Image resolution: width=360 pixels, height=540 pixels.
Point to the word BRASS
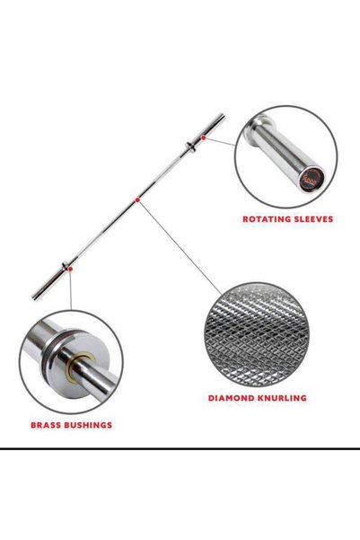pos(45,425)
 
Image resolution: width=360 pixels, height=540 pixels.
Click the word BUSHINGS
pos(87,425)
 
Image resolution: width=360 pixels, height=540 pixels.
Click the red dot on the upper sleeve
pos(204,137)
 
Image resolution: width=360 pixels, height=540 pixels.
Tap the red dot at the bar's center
pos(137,199)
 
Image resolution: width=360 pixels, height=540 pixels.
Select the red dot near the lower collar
pos(70,269)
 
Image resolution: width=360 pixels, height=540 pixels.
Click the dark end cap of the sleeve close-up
pos(312,180)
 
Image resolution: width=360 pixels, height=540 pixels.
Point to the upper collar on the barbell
pos(190,146)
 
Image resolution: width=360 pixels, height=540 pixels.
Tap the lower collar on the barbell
pos(66,266)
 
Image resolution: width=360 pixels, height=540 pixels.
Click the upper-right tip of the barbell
pos(223,115)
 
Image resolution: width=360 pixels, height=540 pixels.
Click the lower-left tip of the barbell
pos(34,297)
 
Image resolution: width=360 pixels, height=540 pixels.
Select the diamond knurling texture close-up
pos(257,335)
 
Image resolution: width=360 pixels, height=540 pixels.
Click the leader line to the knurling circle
pos(180,247)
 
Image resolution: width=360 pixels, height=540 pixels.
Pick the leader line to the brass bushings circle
pos(71,290)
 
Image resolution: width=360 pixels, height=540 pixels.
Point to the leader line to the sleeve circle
pos(221,142)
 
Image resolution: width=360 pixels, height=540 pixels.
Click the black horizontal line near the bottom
pos(180,448)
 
